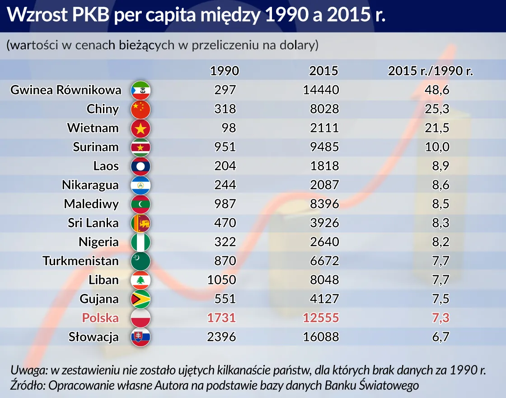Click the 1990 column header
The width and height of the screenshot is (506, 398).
[225, 71]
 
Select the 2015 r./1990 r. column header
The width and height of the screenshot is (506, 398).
[431, 71]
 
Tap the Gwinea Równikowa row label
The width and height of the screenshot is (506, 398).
[66, 90]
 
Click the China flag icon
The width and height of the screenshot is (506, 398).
[140, 109]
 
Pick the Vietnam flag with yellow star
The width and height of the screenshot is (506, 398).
[140, 128]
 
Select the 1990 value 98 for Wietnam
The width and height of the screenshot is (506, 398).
[229, 128]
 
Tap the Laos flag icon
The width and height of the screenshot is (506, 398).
[140, 166]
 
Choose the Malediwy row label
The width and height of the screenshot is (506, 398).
[91, 204]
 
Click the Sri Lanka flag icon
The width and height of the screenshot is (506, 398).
[140, 223]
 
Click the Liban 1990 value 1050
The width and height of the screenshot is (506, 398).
[221, 280]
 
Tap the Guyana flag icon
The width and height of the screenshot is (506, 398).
[140, 299]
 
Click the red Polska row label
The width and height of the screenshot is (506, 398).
[100, 318]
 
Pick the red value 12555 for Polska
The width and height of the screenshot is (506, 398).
[321, 318]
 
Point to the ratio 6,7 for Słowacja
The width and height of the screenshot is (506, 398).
[440, 337]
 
